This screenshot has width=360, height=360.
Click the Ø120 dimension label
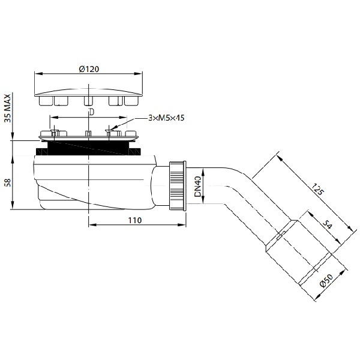tap(89, 69)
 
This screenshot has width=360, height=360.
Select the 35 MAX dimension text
tap(8, 108)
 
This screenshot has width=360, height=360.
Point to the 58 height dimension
tap(8, 183)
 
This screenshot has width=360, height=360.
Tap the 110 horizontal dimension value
tap(135, 220)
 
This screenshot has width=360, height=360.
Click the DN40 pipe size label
tap(197, 187)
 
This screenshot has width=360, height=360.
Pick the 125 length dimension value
tap(318, 189)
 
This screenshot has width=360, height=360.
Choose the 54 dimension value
tap(327, 225)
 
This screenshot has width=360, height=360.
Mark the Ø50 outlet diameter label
tap(326, 280)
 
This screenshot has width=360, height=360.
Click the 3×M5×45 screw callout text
tap(166, 118)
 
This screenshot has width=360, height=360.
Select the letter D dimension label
tap(92, 112)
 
